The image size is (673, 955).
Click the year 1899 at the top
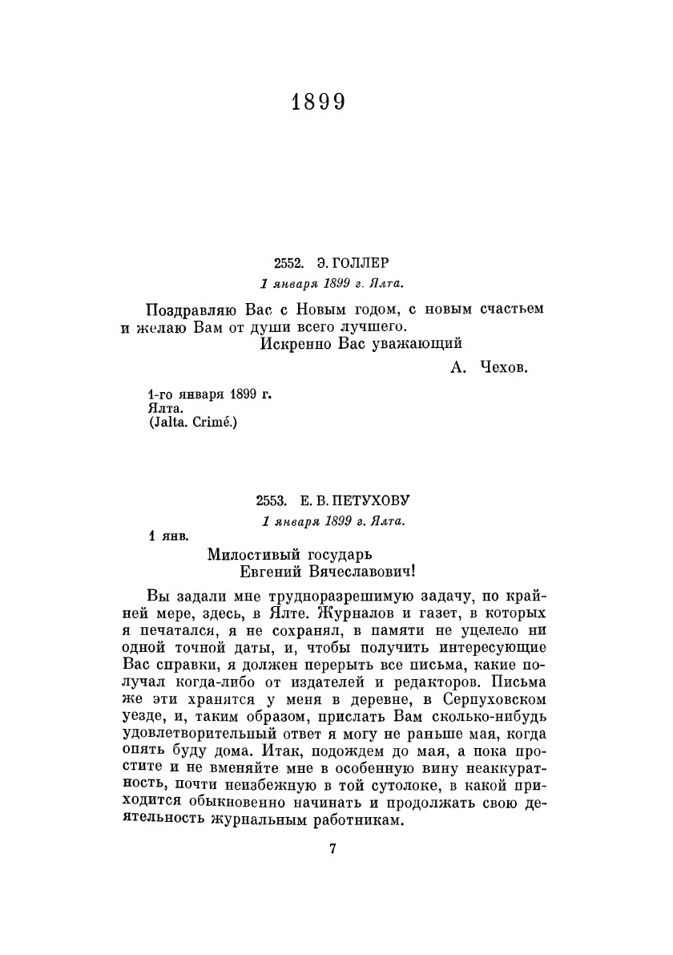coord(318,102)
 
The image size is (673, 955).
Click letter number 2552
coord(288,263)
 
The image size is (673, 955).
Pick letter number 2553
coord(272,500)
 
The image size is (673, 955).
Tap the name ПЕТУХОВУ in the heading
coord(371,500)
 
